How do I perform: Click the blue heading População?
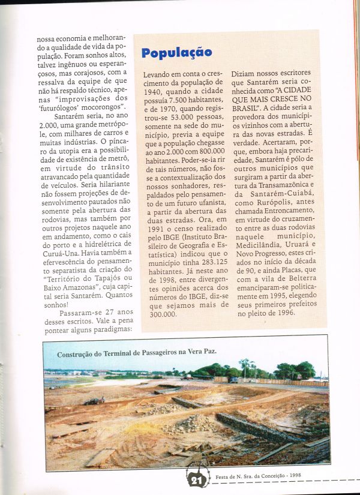click(x=176, y=52)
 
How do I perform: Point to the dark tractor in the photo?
click(x=93, y=401)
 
